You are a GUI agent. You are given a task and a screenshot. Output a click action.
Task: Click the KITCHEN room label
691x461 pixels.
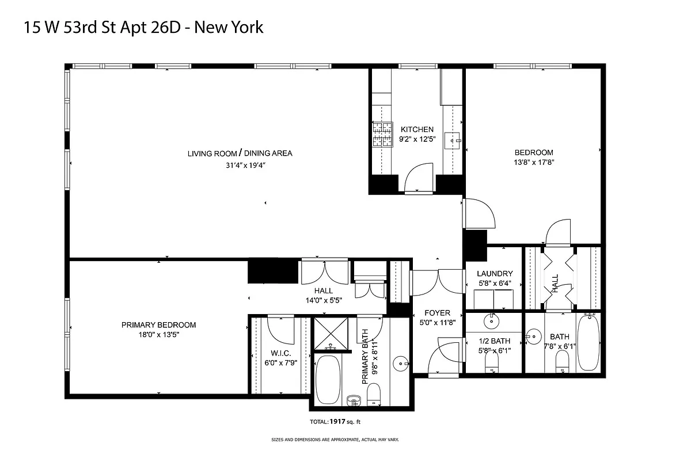(x=417, y=130)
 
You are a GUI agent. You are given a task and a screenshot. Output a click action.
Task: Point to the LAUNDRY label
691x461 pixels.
(x=495, y=274)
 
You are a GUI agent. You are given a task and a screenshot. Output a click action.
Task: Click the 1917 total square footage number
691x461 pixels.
(x=337, y=422)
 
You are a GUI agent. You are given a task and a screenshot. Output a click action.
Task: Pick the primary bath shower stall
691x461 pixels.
(x=331, y=334)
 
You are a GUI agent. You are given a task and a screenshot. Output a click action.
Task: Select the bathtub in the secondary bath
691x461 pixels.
(x=588, y=343)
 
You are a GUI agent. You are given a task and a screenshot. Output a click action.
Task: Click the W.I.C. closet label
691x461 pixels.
(x=280, y=353)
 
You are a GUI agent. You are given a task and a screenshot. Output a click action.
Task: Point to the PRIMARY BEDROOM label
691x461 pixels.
(x=158, y=325)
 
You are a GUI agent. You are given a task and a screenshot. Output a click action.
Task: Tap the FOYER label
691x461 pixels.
(x=437, y=313)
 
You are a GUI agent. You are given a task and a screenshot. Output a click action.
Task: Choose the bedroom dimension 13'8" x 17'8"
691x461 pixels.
(x=534, y=163)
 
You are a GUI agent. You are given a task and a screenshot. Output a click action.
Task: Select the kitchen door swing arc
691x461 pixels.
(x=419, y=176)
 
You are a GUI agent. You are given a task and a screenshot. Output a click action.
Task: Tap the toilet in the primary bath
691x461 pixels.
(x=374, y=395)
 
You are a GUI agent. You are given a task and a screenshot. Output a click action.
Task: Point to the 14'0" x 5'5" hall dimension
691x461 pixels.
(x=323, y=300)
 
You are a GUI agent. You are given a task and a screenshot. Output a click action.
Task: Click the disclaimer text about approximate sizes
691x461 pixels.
(x=335, y=440)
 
